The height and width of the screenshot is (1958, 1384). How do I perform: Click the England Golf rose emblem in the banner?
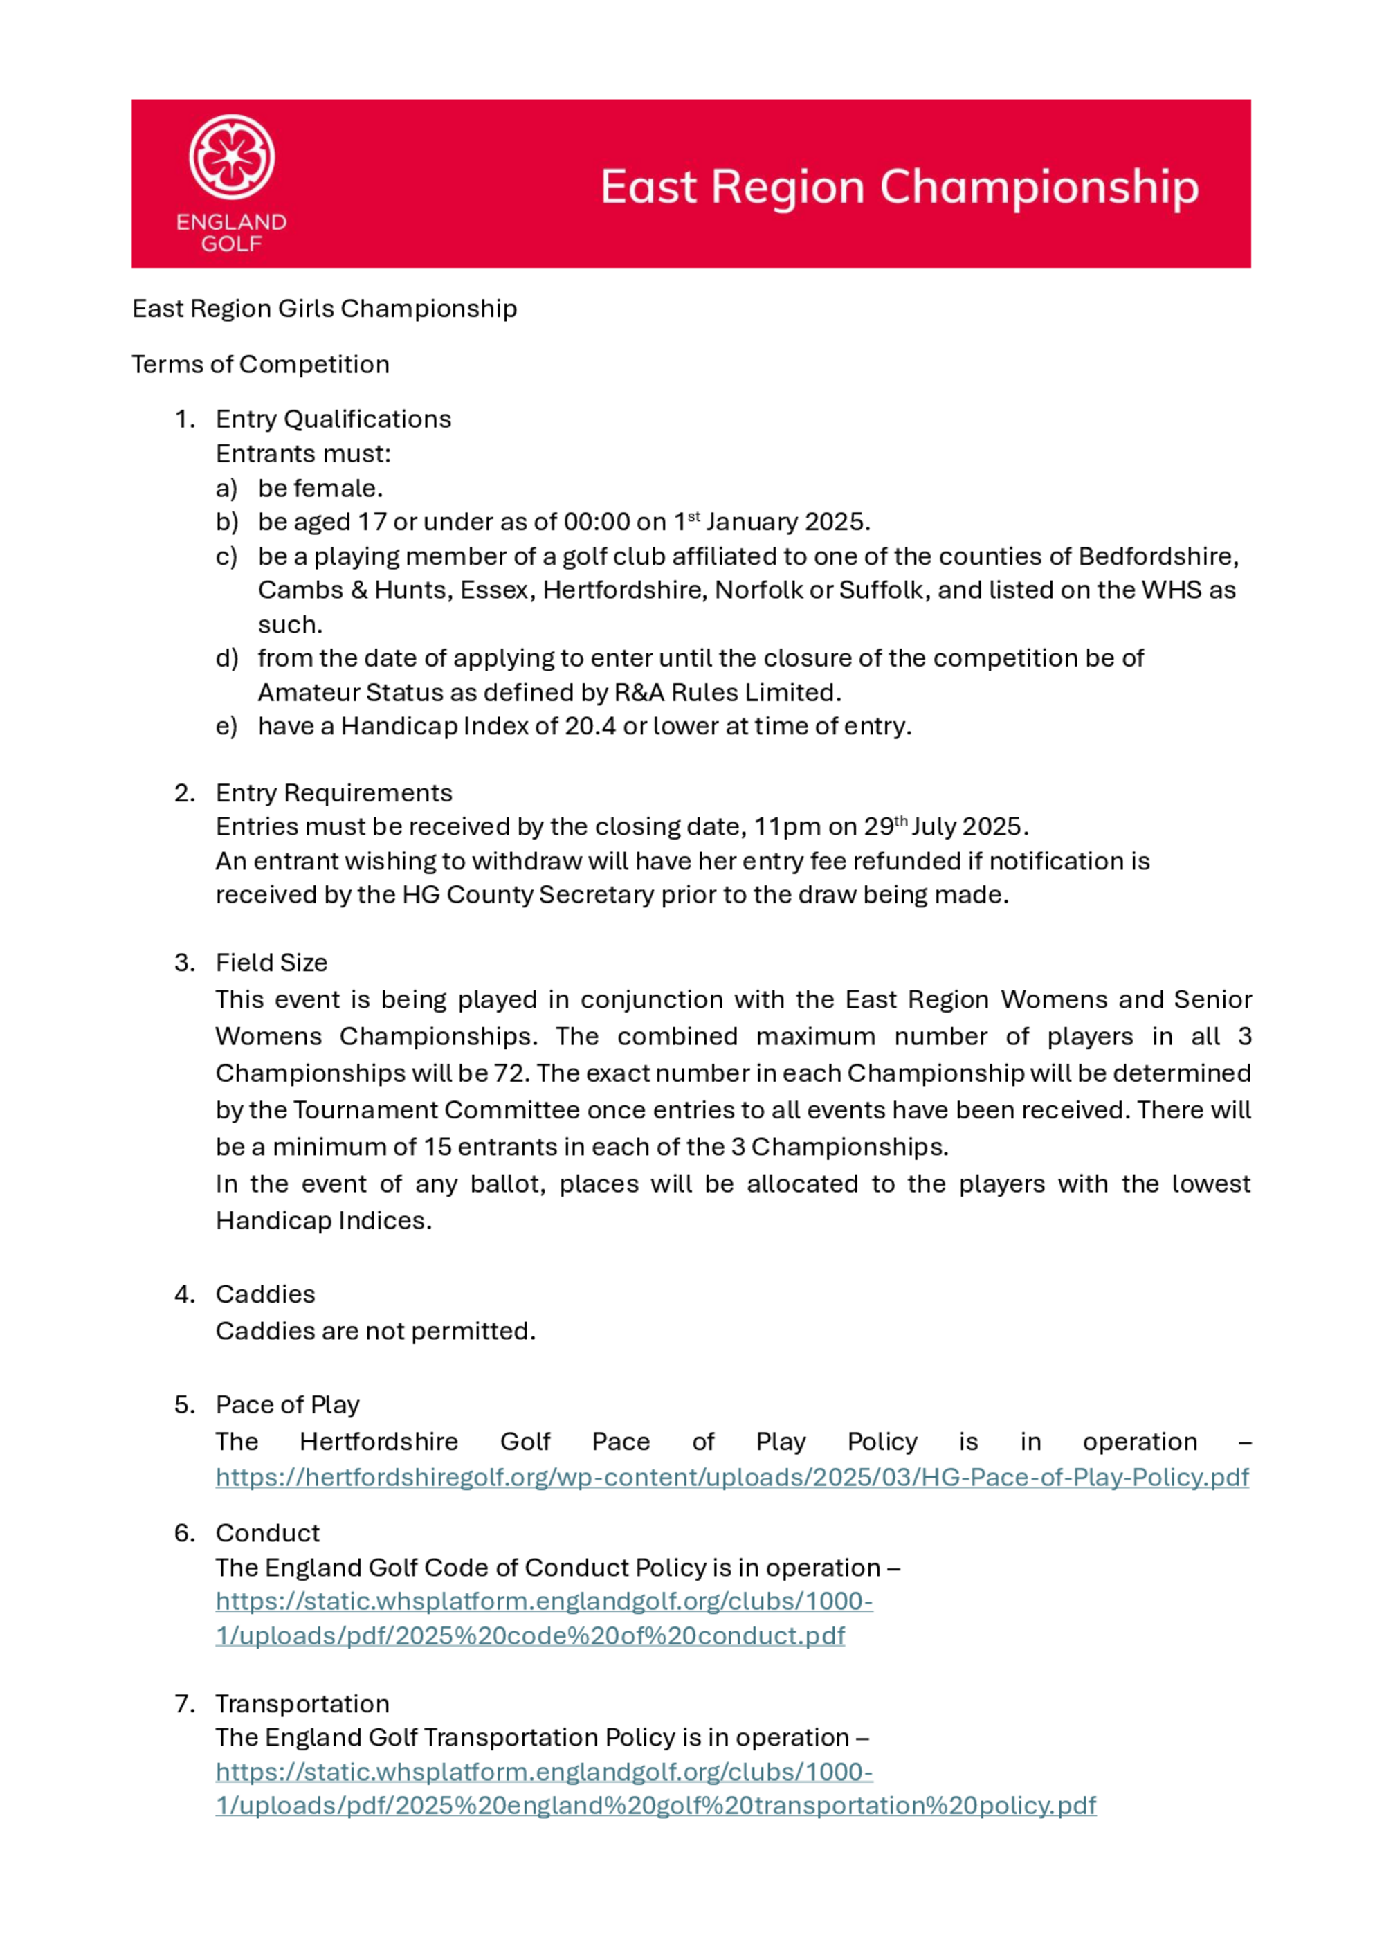point(231,157)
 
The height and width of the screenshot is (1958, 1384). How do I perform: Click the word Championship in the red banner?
point(1039,188)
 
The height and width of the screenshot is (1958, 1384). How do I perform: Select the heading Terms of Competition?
point(260,364)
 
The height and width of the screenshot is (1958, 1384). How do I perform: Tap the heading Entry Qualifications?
point(333,419)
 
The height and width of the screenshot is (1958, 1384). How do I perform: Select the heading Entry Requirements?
point(334,793)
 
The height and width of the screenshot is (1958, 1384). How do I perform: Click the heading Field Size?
point(271,963)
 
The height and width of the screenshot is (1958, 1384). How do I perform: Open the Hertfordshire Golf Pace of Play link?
point(731,1477)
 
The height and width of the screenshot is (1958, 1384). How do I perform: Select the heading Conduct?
point(267,1533)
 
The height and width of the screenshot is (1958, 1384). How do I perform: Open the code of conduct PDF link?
point(543,1619)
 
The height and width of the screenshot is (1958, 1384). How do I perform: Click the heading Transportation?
point(302,1704)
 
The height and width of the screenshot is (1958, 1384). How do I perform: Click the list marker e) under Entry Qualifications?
point(226,727)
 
